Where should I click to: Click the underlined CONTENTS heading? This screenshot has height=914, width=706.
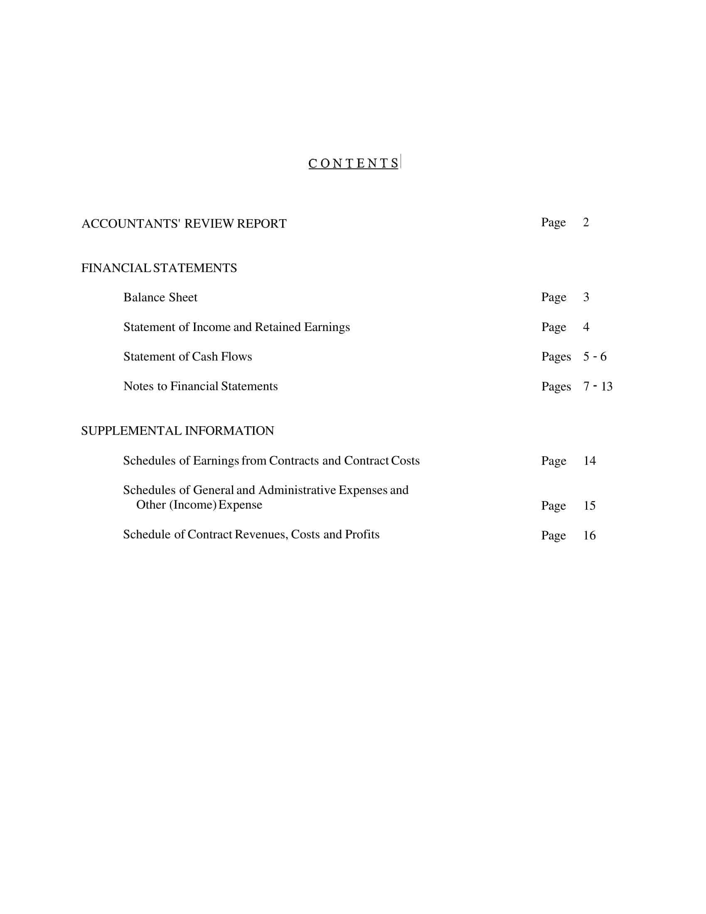point(354,163)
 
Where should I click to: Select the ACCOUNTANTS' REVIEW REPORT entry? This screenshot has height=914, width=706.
point(184,224)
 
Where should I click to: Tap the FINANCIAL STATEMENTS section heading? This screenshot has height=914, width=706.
point(159,268)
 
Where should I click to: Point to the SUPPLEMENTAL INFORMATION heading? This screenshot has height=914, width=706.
point(177,431)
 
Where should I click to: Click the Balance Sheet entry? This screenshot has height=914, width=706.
point(160,298)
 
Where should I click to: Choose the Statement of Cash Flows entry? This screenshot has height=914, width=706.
point(187,357)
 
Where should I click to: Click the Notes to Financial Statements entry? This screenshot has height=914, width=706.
point(200,386)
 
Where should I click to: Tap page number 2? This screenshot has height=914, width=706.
point(586,222)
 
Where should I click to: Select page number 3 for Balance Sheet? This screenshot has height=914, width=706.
point(586,297)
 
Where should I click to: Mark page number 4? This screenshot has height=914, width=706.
point(586,327)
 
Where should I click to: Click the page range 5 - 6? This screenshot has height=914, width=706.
point(595,357)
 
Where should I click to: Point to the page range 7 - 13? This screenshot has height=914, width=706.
point(598,386)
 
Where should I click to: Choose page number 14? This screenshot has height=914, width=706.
point(589,461)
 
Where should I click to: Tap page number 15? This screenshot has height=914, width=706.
point(589,506)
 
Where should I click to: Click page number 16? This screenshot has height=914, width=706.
point(589,536)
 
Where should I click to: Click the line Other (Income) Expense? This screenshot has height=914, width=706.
point(199,505)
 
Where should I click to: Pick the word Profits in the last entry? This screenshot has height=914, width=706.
point(362,535)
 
